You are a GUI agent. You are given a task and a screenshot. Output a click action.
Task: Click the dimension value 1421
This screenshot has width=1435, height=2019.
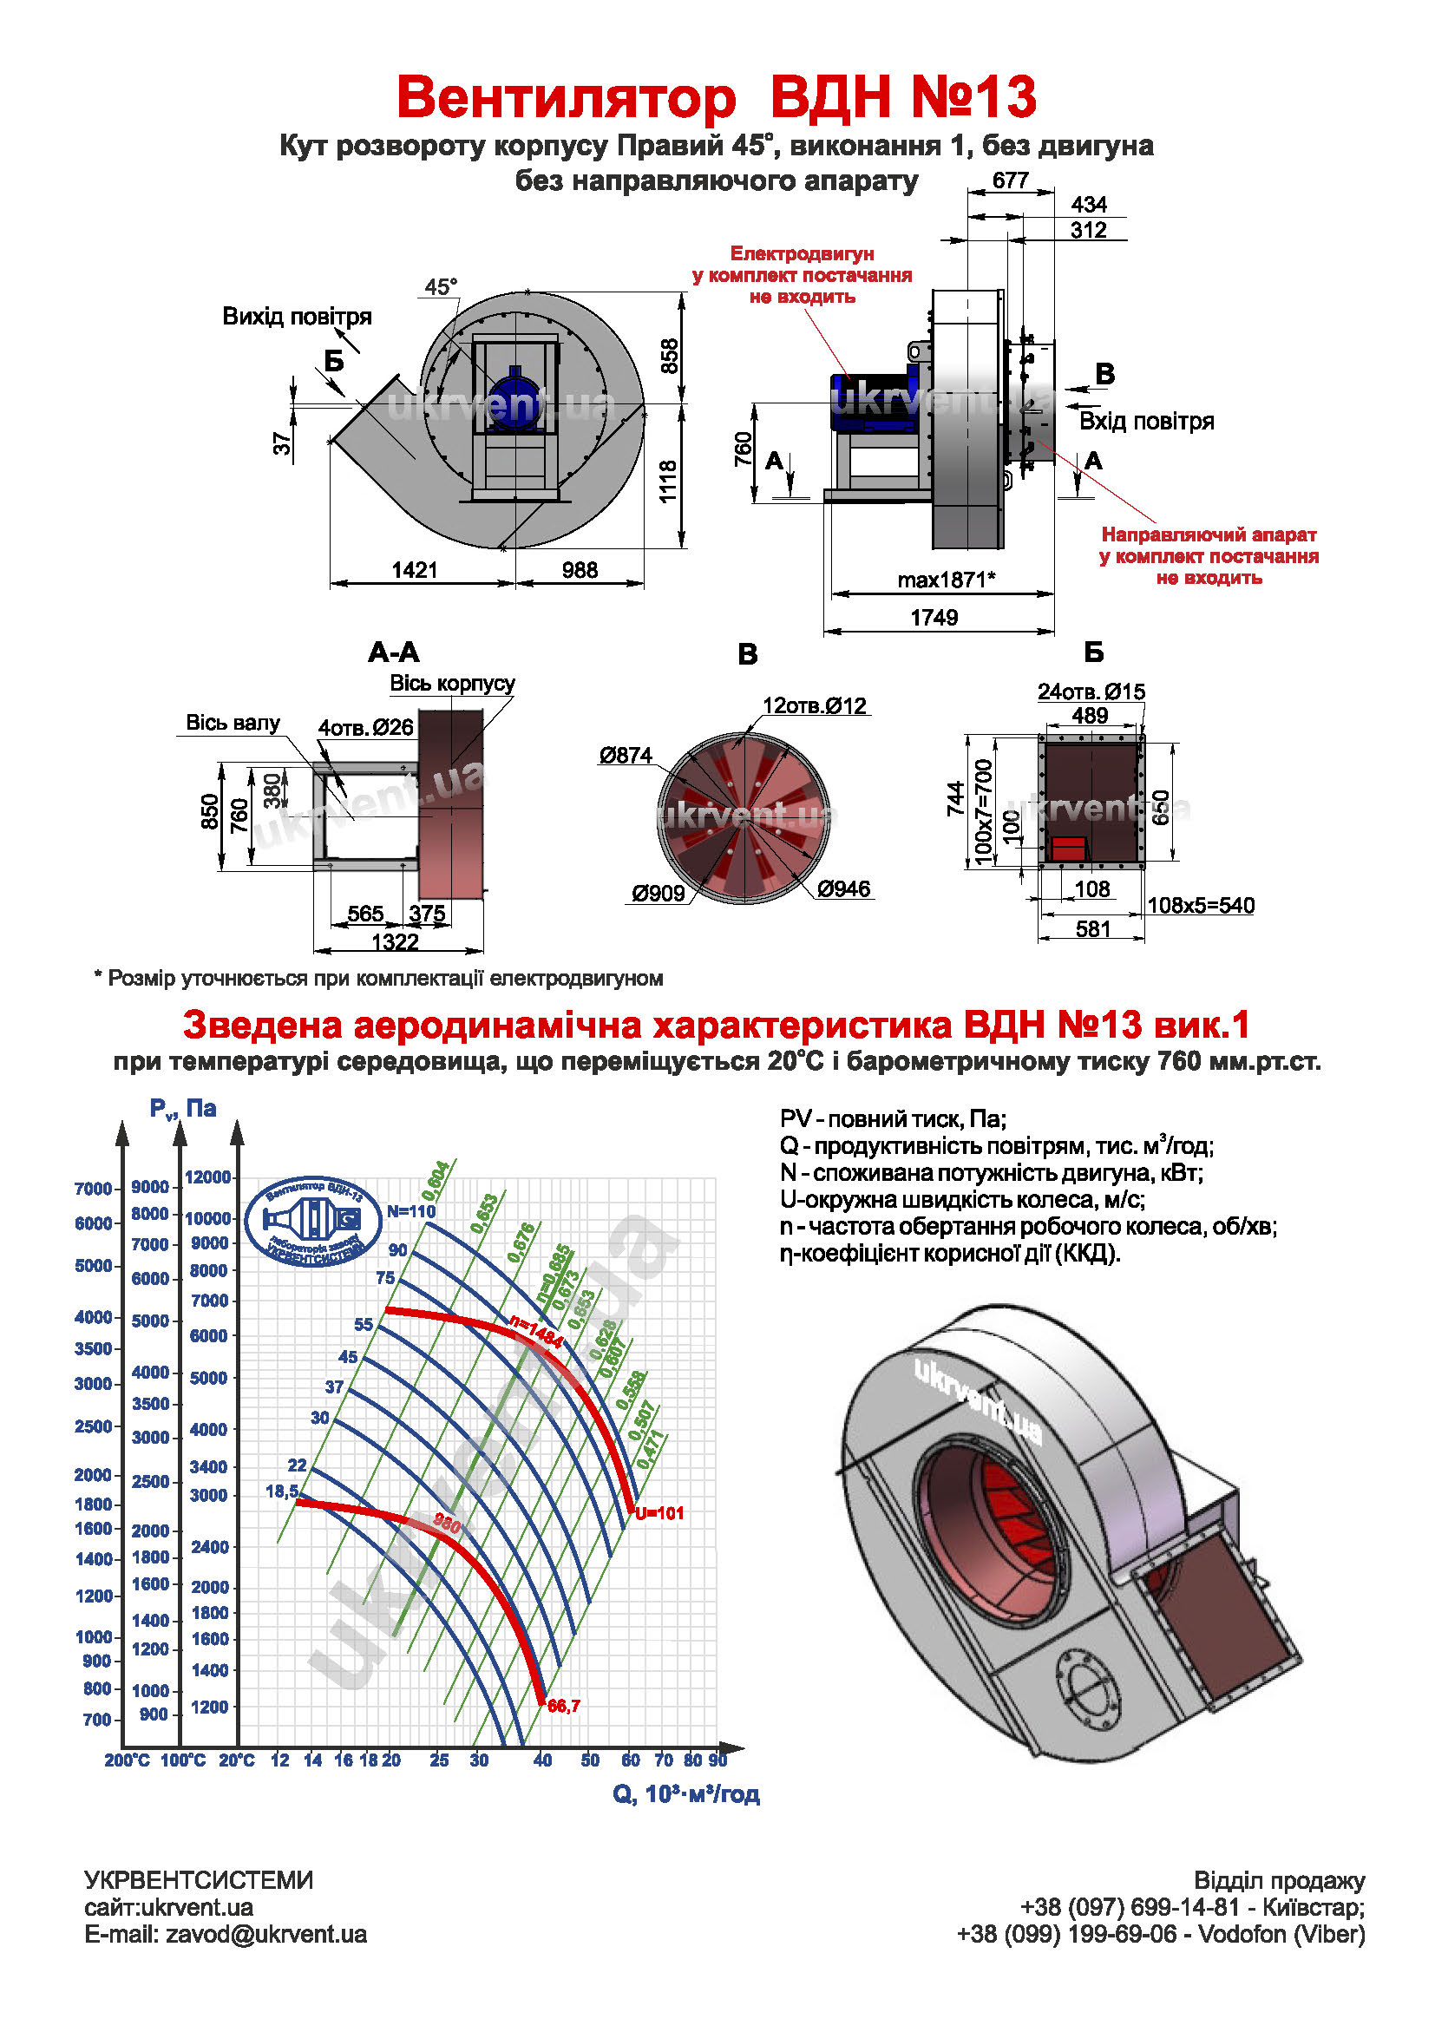pos(415,570)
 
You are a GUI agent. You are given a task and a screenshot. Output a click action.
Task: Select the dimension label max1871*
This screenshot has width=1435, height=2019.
pos(946,580)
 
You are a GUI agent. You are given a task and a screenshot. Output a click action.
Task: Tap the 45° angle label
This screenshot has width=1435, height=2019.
pos(441,287)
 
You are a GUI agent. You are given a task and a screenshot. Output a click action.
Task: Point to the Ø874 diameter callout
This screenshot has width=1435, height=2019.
pos(625,756)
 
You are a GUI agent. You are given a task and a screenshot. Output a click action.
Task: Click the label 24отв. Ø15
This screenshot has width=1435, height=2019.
pos(1091,692)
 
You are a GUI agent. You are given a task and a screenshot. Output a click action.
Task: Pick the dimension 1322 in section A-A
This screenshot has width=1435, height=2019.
pos(395,942)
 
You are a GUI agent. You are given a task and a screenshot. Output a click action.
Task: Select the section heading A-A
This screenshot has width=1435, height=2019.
pos(393,653)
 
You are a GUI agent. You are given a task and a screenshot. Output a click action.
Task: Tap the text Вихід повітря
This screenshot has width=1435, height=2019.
pos(297,317)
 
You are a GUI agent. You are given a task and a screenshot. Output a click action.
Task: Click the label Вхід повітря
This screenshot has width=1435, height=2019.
pos(1146,422)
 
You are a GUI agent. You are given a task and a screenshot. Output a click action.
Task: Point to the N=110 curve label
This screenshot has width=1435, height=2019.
pos(412,1211)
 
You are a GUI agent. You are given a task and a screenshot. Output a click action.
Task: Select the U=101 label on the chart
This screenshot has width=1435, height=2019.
pos(660,1512)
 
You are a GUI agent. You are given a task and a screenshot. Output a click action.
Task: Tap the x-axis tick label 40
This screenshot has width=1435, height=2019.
pos(542,1760)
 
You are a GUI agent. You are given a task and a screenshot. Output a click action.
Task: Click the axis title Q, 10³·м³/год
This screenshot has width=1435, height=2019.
pos(685,1794)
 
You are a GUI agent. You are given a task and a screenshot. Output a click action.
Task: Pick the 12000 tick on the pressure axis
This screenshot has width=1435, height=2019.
pos(208,1177)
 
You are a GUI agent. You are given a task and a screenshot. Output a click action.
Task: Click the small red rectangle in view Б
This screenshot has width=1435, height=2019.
pos(1068,849)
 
